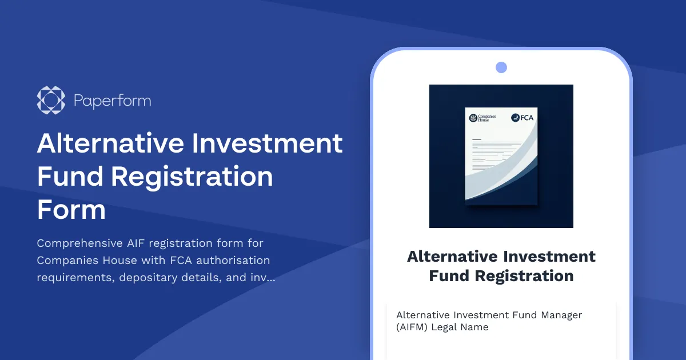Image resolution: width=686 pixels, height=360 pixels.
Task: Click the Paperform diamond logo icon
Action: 47,101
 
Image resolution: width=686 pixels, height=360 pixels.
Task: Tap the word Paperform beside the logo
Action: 112,101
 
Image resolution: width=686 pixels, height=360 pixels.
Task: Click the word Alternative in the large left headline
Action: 109,143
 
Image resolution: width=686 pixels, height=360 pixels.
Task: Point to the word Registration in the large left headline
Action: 192,177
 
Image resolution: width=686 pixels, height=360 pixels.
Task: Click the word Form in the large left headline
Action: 71,210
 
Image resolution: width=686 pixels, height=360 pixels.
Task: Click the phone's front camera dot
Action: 501,67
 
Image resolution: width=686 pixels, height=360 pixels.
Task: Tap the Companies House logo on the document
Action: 482,118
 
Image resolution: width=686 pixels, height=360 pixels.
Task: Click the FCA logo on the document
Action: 522,118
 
